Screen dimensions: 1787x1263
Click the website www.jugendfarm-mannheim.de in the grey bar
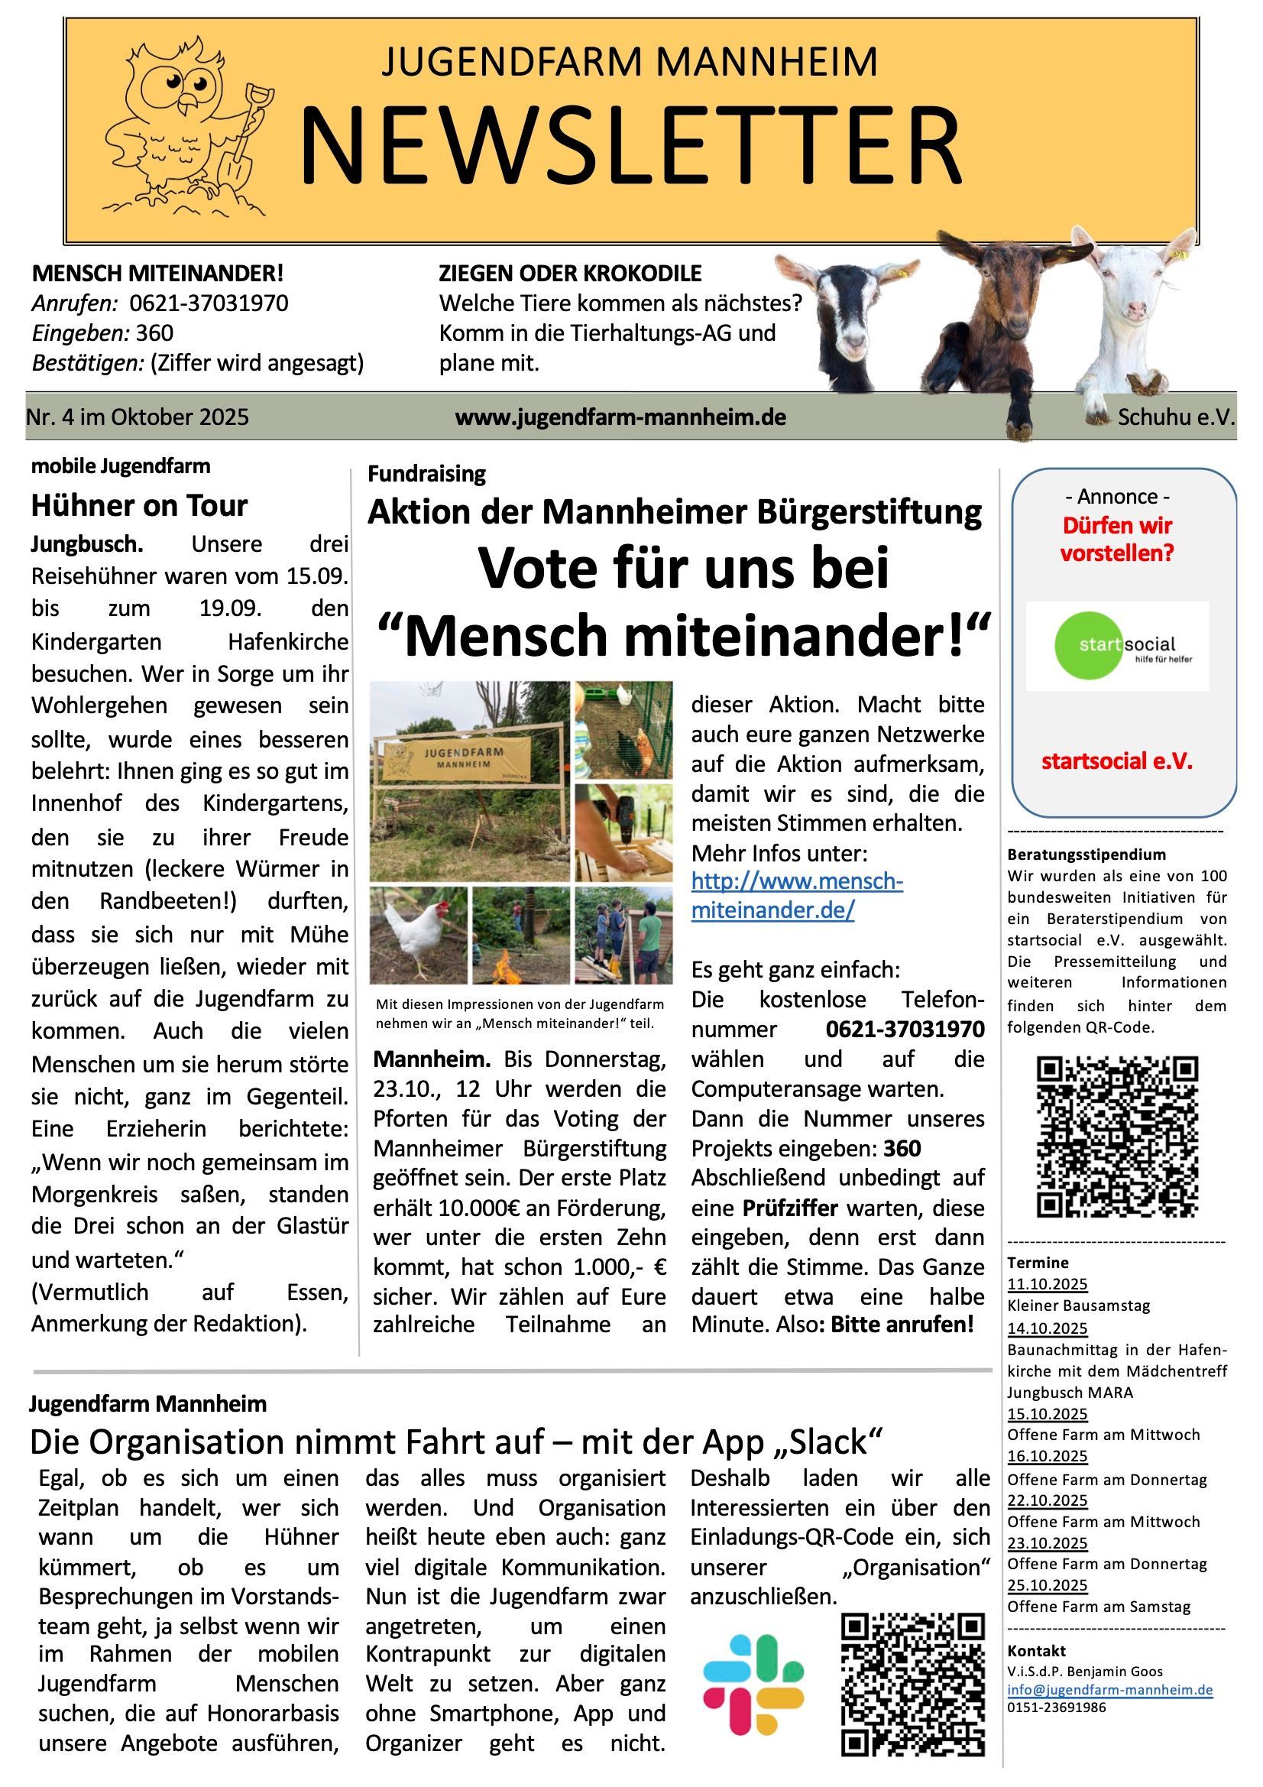pyautogui.click(x=620, y=417)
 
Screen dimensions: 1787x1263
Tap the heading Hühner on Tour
pyautogui.click(x=139, y=506)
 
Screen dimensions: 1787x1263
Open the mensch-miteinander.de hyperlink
pyautogui.click(x=796, y=896)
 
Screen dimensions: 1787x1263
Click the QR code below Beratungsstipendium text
pyautogui.click(x=1118, y=1136)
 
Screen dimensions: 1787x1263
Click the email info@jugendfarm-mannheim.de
pyautogui.click(x=1109, y=1690)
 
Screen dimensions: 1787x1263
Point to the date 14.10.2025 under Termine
pyautogui.click(x=1048, y=1328)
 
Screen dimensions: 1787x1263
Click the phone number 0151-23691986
pyautogui.click(x=1056, y=1708)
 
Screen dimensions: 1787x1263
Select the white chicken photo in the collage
pyautogui.click(x=419, y=934)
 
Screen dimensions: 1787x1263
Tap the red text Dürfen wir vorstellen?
pyautogui.click(x=1118, y=540)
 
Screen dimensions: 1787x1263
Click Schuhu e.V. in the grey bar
pyautogui.click(x=1176, y=417)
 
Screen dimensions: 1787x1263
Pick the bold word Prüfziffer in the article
pyautogui.click(x=790, y=1208)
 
